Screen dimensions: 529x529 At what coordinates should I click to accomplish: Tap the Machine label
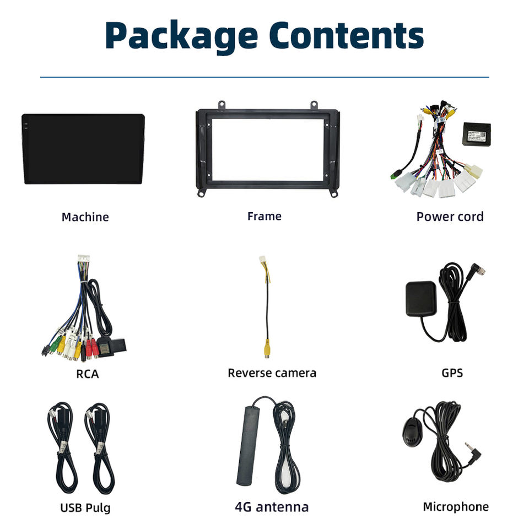point(85,217)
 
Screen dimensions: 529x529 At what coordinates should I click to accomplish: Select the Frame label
point(264,216)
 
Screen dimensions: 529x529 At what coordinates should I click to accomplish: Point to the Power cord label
point(450,217)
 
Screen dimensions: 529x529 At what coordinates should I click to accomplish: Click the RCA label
point(87,374)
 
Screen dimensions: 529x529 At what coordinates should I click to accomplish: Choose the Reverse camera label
point(272,373)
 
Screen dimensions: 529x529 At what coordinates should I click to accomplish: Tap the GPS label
point(452,373)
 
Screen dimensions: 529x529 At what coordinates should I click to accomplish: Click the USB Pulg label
point(85,507)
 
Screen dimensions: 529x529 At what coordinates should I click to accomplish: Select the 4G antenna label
point(272,507)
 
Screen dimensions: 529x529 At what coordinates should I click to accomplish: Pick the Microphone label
point(456,507)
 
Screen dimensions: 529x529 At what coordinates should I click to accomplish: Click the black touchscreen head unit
point(83,148)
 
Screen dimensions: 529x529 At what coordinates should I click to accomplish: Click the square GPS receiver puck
point(421,299)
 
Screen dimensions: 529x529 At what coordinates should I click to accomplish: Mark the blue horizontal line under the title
point(264,77)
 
